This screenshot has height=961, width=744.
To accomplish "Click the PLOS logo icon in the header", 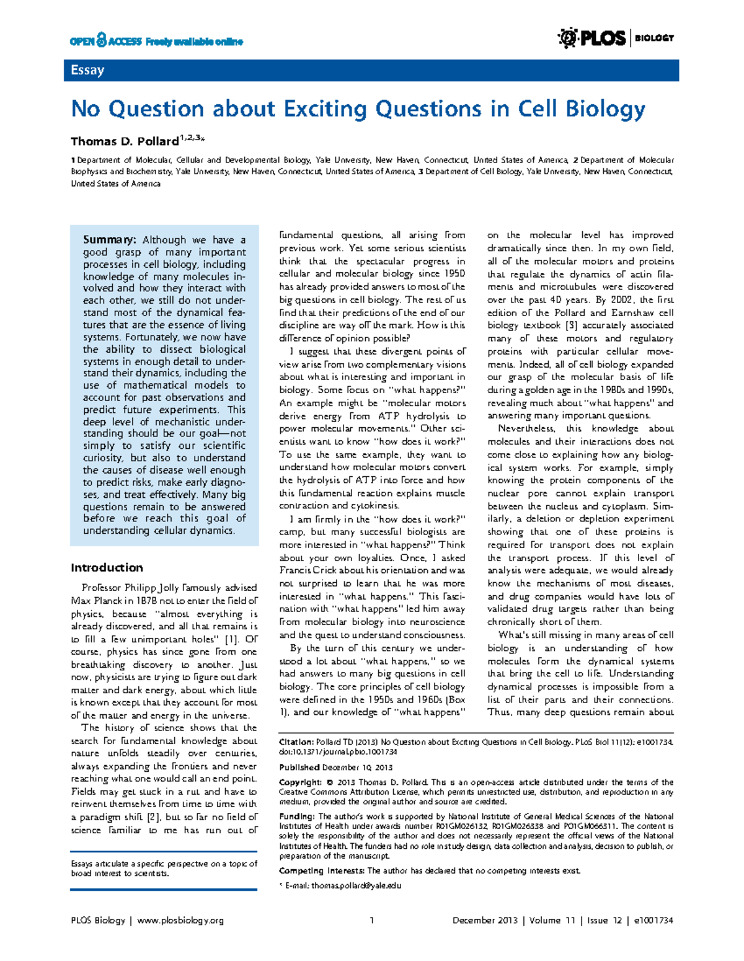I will click(567, 38).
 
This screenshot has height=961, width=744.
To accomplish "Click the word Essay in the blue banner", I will click(87, 70).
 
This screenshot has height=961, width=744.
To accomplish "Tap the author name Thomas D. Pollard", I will click(125, 141).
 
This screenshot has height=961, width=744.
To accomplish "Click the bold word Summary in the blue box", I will click(109, 240).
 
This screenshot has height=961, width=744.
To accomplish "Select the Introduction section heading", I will click(107, 567).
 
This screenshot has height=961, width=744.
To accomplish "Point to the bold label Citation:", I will click(296, 742).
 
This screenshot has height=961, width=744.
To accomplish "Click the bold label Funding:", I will click(297, 817).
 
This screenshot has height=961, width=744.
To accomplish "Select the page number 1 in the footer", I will click(371, 921).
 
